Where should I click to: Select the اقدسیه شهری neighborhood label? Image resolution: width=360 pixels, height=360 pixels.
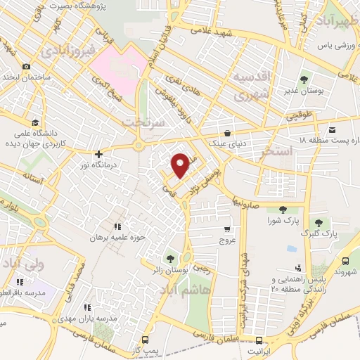click(251, 85)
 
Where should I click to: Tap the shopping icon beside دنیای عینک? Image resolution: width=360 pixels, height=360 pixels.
click(227, 133)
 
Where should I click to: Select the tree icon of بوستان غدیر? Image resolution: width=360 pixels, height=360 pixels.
click(304, 79)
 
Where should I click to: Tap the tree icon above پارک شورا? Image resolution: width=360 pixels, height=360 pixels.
click(283, 209)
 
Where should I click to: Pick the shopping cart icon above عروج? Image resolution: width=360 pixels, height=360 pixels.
click(227, 229)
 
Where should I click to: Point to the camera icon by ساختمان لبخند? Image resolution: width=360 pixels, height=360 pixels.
click(26, 67)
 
